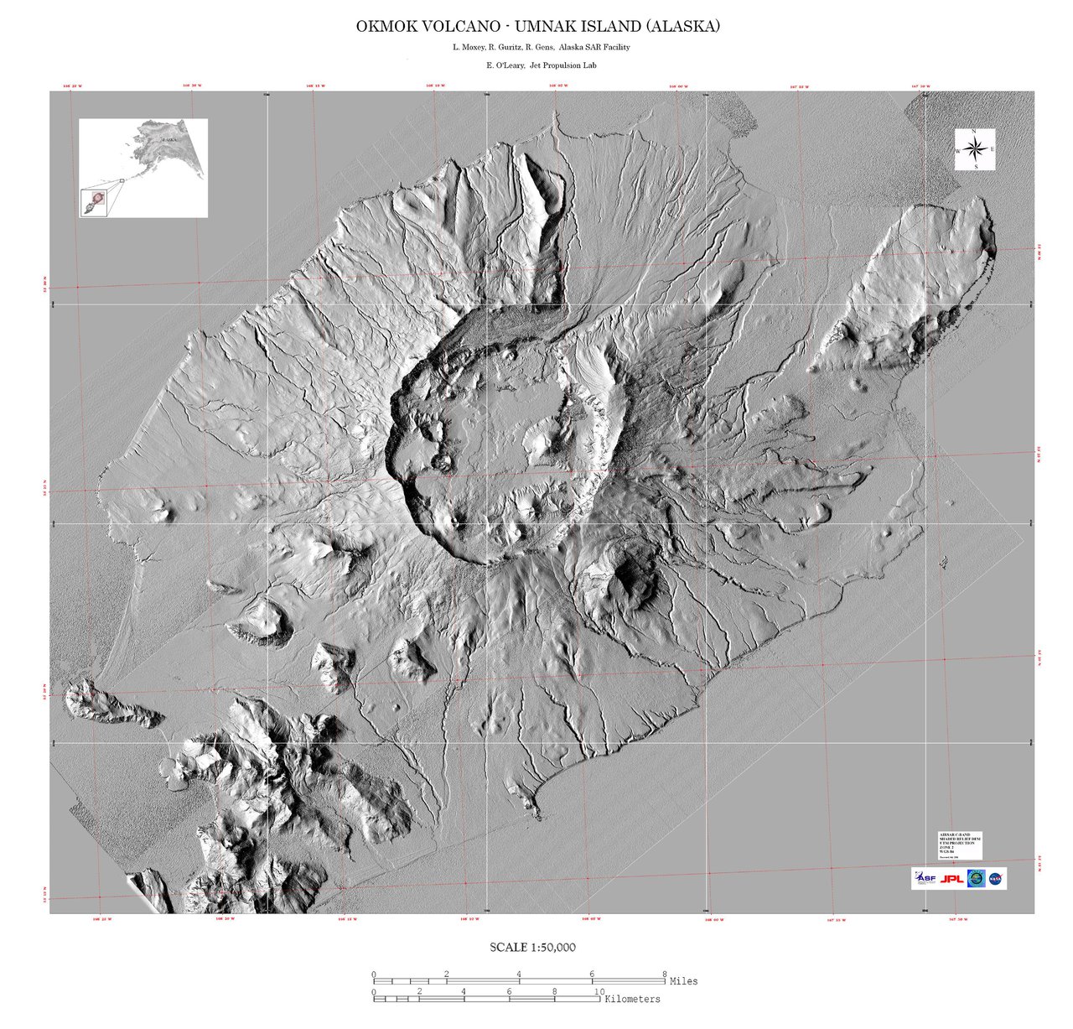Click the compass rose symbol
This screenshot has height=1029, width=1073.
pyautogui.click(x=975, y=150)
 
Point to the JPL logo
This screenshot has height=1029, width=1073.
pyautogui.click(x=951, y=879)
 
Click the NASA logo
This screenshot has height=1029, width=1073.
pyautogui.click(x=996, y=879)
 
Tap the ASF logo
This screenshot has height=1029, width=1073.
pyautogui.click(x=924, y=879)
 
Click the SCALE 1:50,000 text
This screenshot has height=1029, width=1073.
pyautogui.click(x=532, y=948)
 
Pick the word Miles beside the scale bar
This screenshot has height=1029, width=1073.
pyautogui.click(x=683, y=981)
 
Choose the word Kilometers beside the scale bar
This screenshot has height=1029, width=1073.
pyautogui.click(x=632, y=1000)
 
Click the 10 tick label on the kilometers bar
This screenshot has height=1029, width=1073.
pyautogui.click(x=599, y=991)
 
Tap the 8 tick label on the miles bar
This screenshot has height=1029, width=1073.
pyautogui.click(x=665, y=974)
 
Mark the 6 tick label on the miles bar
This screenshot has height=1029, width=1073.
pyautogui.click(x=592, y=974)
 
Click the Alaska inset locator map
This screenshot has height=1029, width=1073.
pyautogui.click(x=143, y=168)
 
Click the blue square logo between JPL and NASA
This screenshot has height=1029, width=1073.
pyautogui.click(x=975, y=879)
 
